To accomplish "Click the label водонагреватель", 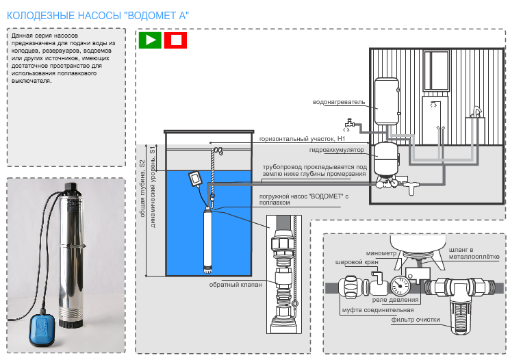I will pos(337,103).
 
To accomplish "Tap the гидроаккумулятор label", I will pos(337,149).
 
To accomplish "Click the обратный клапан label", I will pos(231,285).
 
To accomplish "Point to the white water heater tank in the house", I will pos(386,95).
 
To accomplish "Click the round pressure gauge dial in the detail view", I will pos(402,282).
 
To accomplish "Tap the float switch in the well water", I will pos(196,179).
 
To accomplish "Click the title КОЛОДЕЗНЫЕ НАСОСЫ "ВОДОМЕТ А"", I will pos(98,14).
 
